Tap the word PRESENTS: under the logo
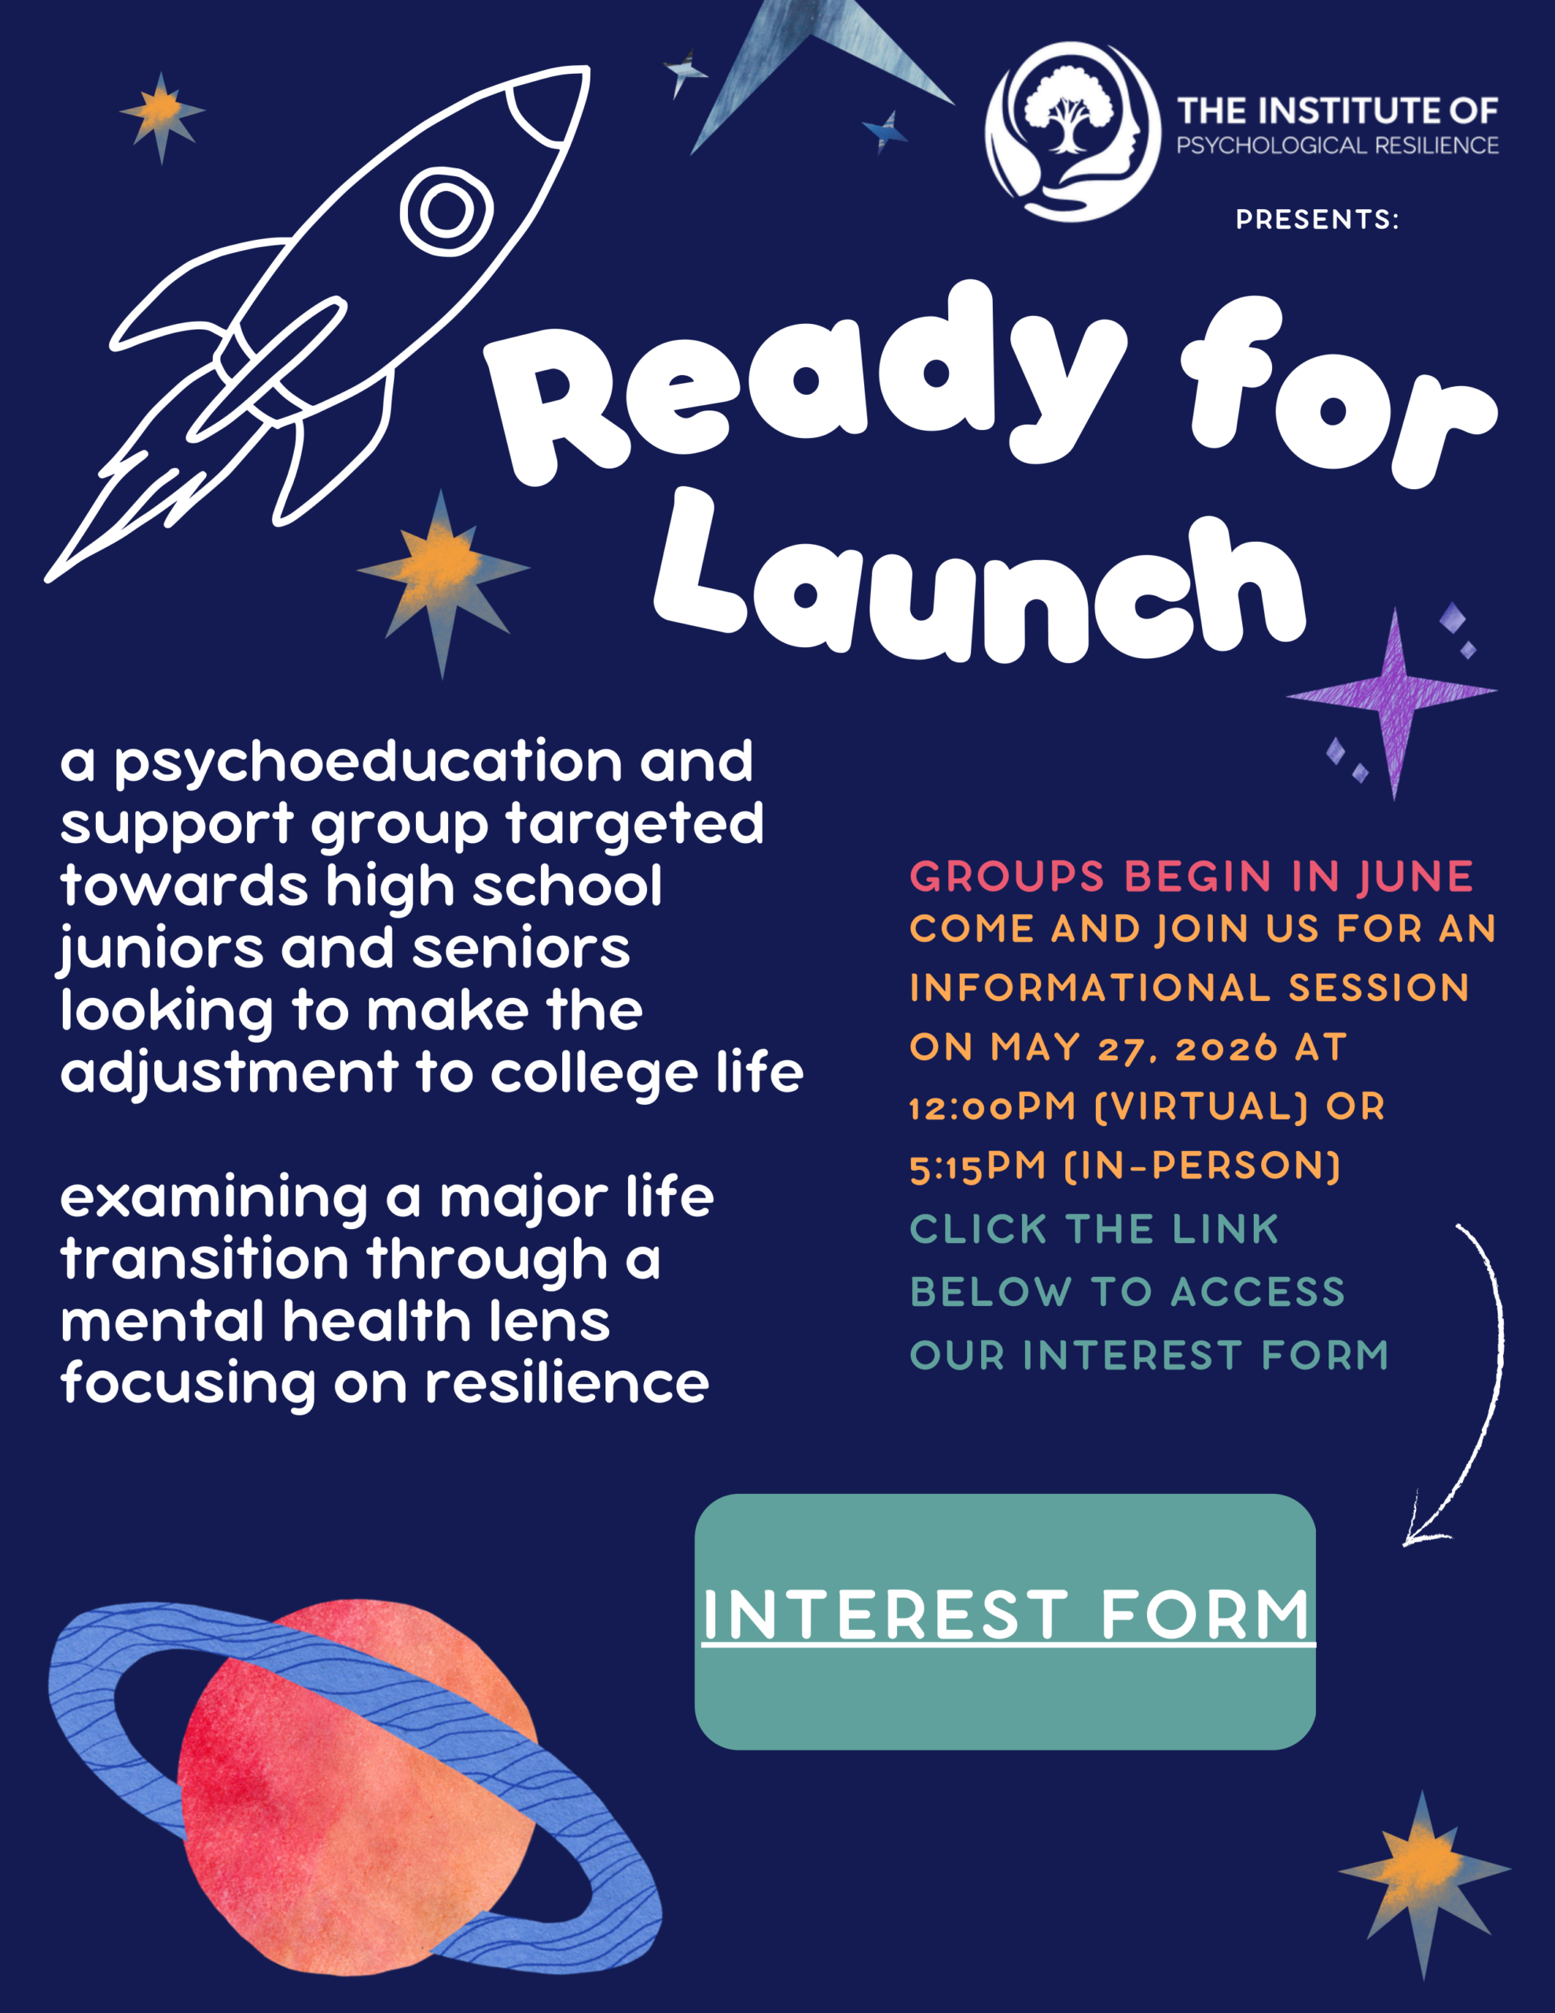tap(1317, 219)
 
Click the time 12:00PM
tap(993, 1107)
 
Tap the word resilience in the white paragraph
tap(567, 1383)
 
